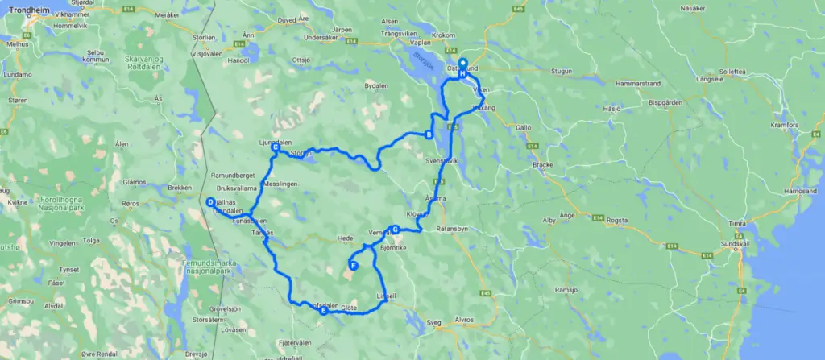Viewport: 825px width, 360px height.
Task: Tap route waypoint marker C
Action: [276, 147]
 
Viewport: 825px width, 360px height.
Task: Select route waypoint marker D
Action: [210, 202]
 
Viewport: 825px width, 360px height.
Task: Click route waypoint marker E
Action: [324, 311]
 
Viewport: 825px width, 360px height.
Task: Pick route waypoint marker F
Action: [353, 265]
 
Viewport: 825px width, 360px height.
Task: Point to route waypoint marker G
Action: [395, 229]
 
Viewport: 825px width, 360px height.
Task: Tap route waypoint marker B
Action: [429, 134]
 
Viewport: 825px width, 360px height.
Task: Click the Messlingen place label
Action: [280, 184]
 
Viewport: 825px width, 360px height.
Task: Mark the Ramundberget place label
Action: [233, 175]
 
